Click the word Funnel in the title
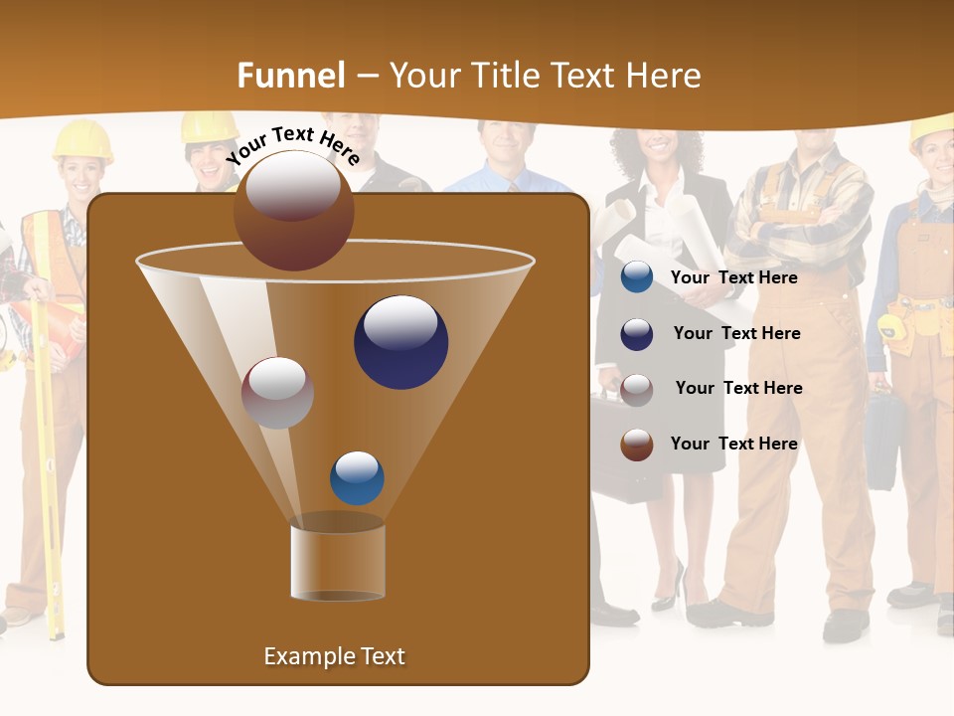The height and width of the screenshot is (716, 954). coord(290,76)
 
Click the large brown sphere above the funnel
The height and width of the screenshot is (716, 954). coord(293,211)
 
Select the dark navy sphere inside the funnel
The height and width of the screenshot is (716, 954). coord(400,342)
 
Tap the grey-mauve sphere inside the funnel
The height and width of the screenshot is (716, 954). coord(278,393)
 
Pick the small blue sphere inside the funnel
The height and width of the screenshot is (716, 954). coord(357,478)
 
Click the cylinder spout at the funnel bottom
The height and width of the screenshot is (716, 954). coord(338,562)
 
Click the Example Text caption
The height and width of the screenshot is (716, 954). coord(334,656)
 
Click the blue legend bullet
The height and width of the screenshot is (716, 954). coord(636,277)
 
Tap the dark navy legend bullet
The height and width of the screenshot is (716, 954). coord(636,334)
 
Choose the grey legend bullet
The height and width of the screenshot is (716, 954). coord(636,390)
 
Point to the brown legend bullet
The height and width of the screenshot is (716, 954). coord(636,446)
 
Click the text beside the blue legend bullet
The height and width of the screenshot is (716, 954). coord(733,277)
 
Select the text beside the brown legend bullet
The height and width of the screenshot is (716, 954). coord(733,444)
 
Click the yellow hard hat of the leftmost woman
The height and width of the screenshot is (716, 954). coord(81,139)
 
